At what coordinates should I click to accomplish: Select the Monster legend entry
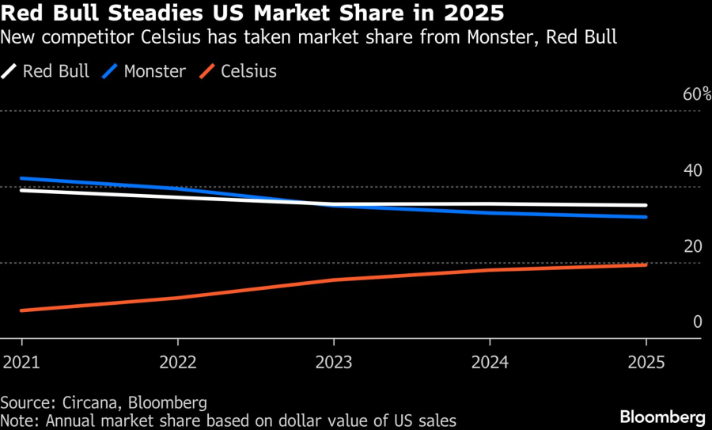tap(146, 71)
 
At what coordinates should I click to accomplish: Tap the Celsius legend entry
tap(240, 71)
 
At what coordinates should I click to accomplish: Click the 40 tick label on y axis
tap(692, 171)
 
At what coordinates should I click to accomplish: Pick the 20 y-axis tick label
tap(692, 246)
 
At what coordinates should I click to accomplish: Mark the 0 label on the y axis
tap(697, 322)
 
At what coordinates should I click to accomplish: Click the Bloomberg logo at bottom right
tap(662, 416)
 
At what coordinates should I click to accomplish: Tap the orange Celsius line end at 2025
tap(646, 264)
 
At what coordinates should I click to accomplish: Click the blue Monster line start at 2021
tap(22, 178)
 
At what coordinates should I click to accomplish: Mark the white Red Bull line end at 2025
tap(646, 206)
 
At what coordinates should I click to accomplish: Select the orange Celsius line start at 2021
tap(22, 310)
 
